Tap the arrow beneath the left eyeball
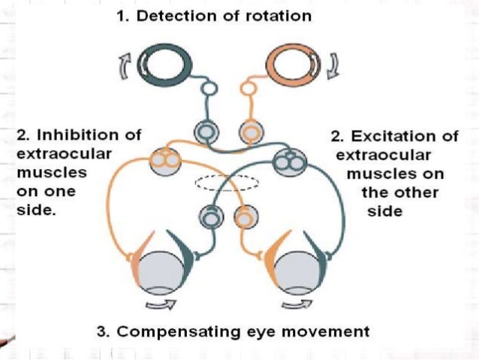pyautogui.click(x=161, y=304)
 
